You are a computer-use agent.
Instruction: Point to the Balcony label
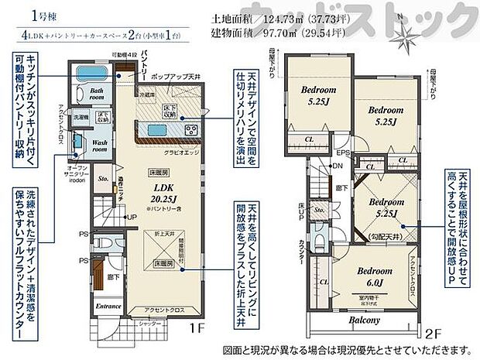(x=363, y=321)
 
